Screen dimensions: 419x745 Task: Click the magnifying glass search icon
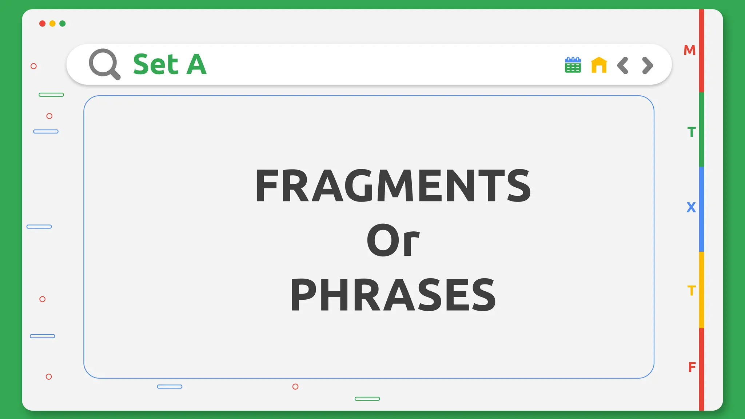pos(104,64)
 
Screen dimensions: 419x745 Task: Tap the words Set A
pos(170,64)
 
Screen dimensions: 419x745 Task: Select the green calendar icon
pos(573,65)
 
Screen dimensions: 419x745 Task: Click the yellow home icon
pos(599,65)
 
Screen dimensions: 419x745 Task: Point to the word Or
pos(393,240)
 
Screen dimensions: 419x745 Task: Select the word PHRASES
pos(393,295)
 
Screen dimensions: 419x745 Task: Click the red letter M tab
pos(689,50)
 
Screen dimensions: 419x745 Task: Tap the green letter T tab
pos(691,132)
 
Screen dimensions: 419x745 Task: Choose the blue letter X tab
pos(691,207)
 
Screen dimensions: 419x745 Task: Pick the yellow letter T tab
pos(691,291)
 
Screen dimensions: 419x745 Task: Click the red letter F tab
pos(692,367)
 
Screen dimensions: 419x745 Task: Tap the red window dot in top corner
pos(42,24)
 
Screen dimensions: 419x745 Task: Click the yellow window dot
pos(52,24)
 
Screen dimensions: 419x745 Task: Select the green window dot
pos(63,24)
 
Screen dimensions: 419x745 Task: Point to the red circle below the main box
pos(295,387)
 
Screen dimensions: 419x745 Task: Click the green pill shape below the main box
pos(367,399)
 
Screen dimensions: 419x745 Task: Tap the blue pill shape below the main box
pos(170,387)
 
